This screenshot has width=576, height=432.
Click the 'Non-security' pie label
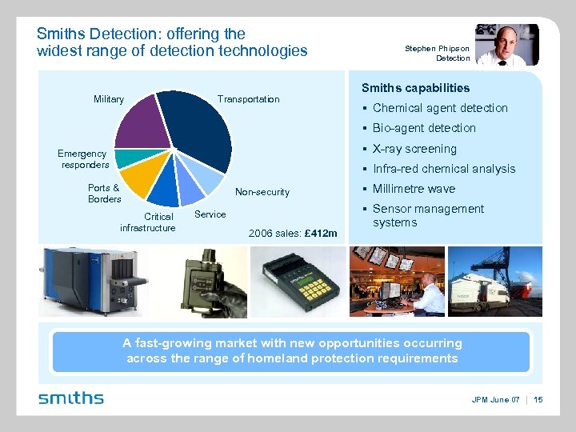pyautogui.click(x=262, y=192)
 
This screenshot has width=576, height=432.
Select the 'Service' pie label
pyautogui.click(x=210, y=214)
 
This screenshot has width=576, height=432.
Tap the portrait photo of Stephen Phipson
pyautogui.click(x=506, y=45)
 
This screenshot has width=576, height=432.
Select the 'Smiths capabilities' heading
pyautogui.click(x=415, y=88)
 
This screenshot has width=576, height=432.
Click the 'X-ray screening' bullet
pyautogui.click(x=414, y=149)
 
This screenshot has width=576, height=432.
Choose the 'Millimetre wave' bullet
pyautogui.click(x=414, y=189)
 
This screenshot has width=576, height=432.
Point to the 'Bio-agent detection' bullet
pyautogui.click(x=424, y=128)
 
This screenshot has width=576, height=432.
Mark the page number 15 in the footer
pyautogui.click(x=537, y=399)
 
